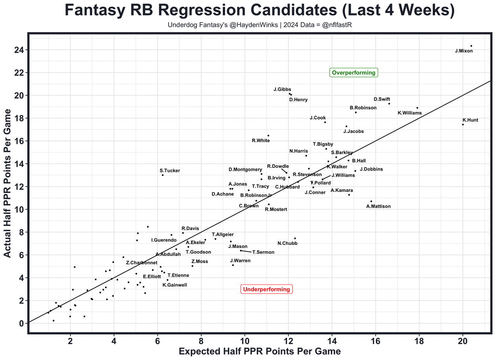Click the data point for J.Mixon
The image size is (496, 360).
(x=471, y=46)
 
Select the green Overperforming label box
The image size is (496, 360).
(x=353, y=72)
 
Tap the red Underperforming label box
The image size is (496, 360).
(x=266, y=289)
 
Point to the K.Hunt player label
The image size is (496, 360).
(x=470, y=120)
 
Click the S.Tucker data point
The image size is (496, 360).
(x=163, y=175)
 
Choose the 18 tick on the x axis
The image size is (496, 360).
(x=419, y=341)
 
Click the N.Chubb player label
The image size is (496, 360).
(x=288, y=243)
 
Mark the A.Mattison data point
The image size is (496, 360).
(x=371, y=201)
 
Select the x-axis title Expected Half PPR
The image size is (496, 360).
(x=260, y=351)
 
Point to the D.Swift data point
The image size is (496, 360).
(x=389, y=103)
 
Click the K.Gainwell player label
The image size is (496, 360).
(x=175, y=285)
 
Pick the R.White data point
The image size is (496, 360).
(x=268, y=136)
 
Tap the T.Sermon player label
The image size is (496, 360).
(x=263, y=252)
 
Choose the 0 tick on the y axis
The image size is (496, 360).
(x=21, y=323)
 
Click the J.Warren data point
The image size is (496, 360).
(x=233, y=265)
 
